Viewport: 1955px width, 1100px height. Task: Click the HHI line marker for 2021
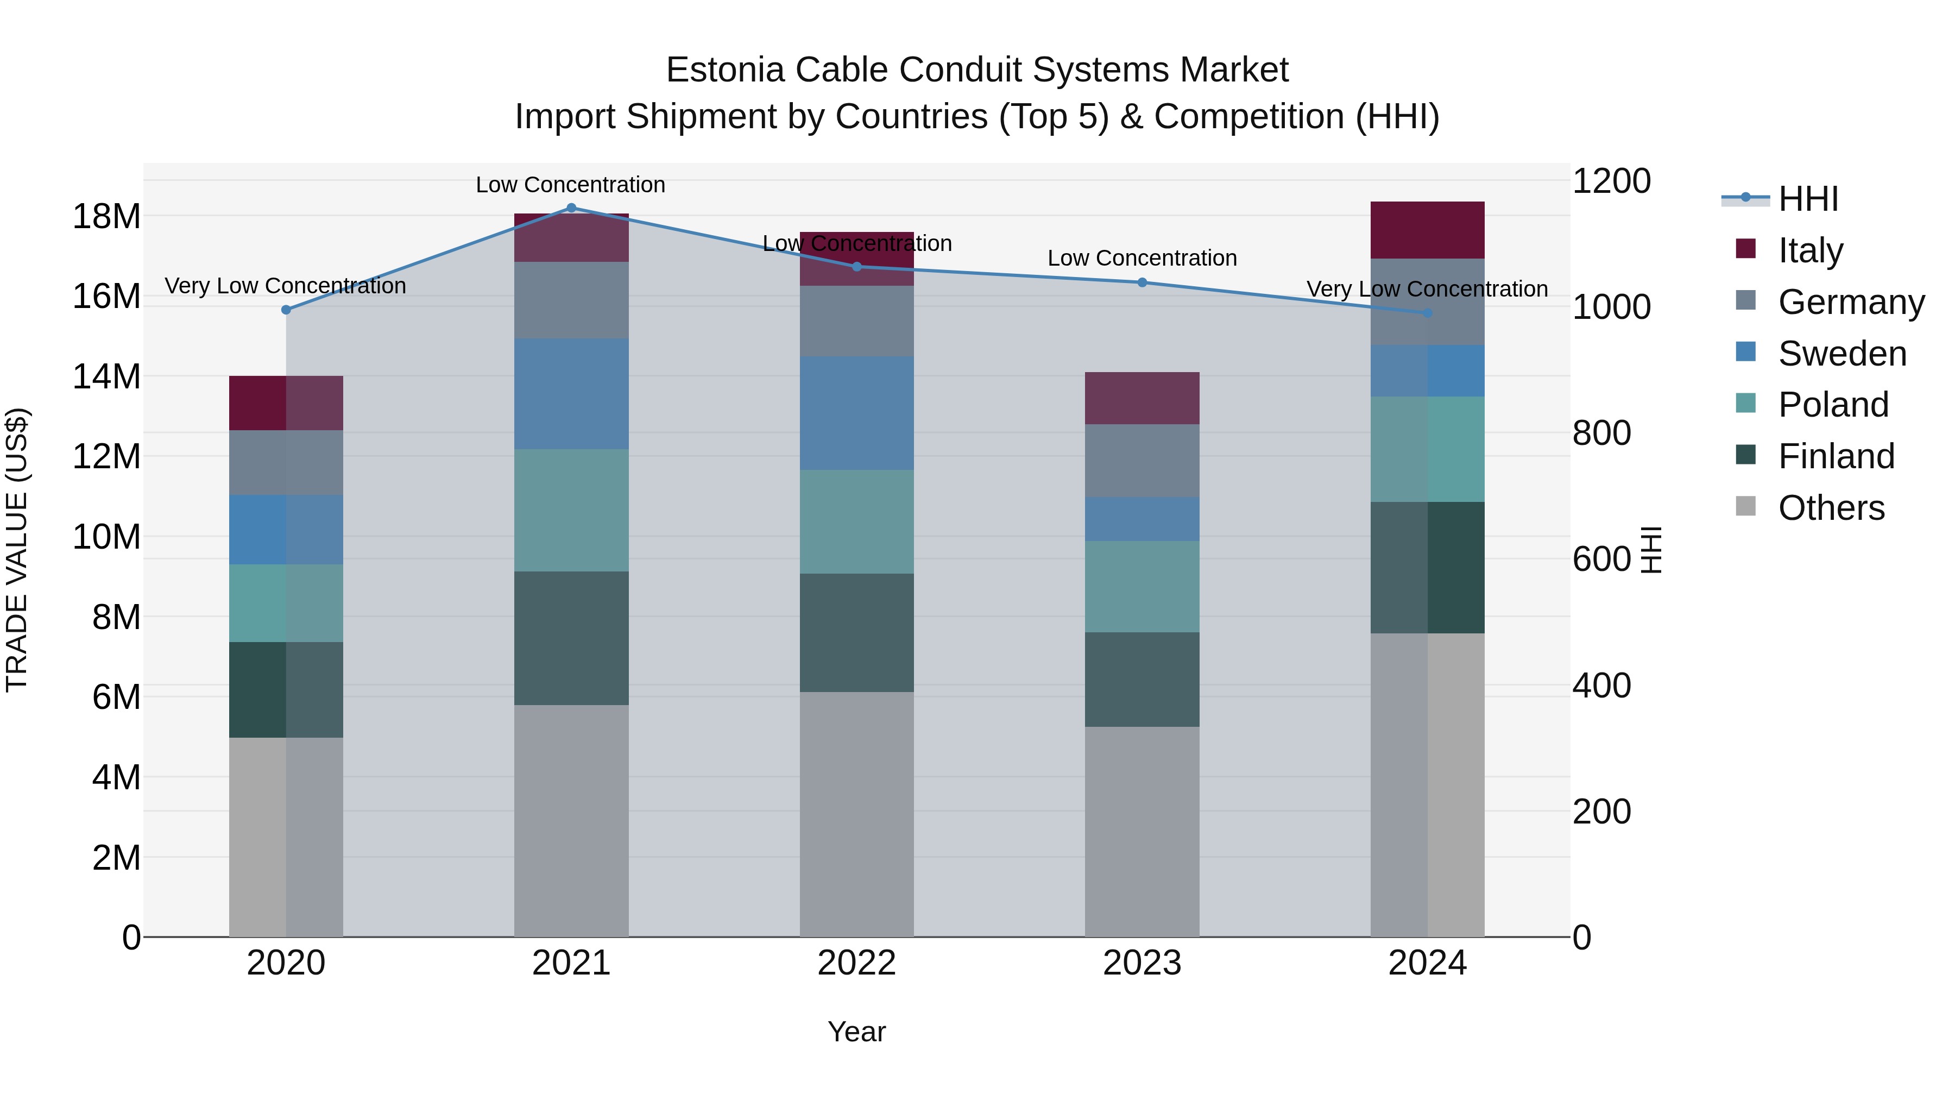click(571, 208)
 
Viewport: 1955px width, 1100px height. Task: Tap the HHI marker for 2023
click(1142, 282)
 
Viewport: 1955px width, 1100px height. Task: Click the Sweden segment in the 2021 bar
click(571, 393)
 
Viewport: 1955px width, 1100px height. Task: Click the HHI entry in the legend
click(1808, 199)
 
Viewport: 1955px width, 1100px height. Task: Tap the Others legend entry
click(1831, 508)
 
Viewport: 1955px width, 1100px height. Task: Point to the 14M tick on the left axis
click(106, 376)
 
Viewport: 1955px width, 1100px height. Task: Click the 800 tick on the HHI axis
click(1601, 433)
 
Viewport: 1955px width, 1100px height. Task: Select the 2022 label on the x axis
click(857, 963)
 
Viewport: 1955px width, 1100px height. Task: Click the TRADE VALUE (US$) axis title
click(17, 550)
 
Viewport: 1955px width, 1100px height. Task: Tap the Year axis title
click(857, 1032)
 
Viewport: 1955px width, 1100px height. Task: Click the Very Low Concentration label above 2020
click(285, 286)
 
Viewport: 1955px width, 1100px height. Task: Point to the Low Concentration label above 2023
click(1142, 258)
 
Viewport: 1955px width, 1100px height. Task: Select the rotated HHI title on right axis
click(1651, 550)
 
